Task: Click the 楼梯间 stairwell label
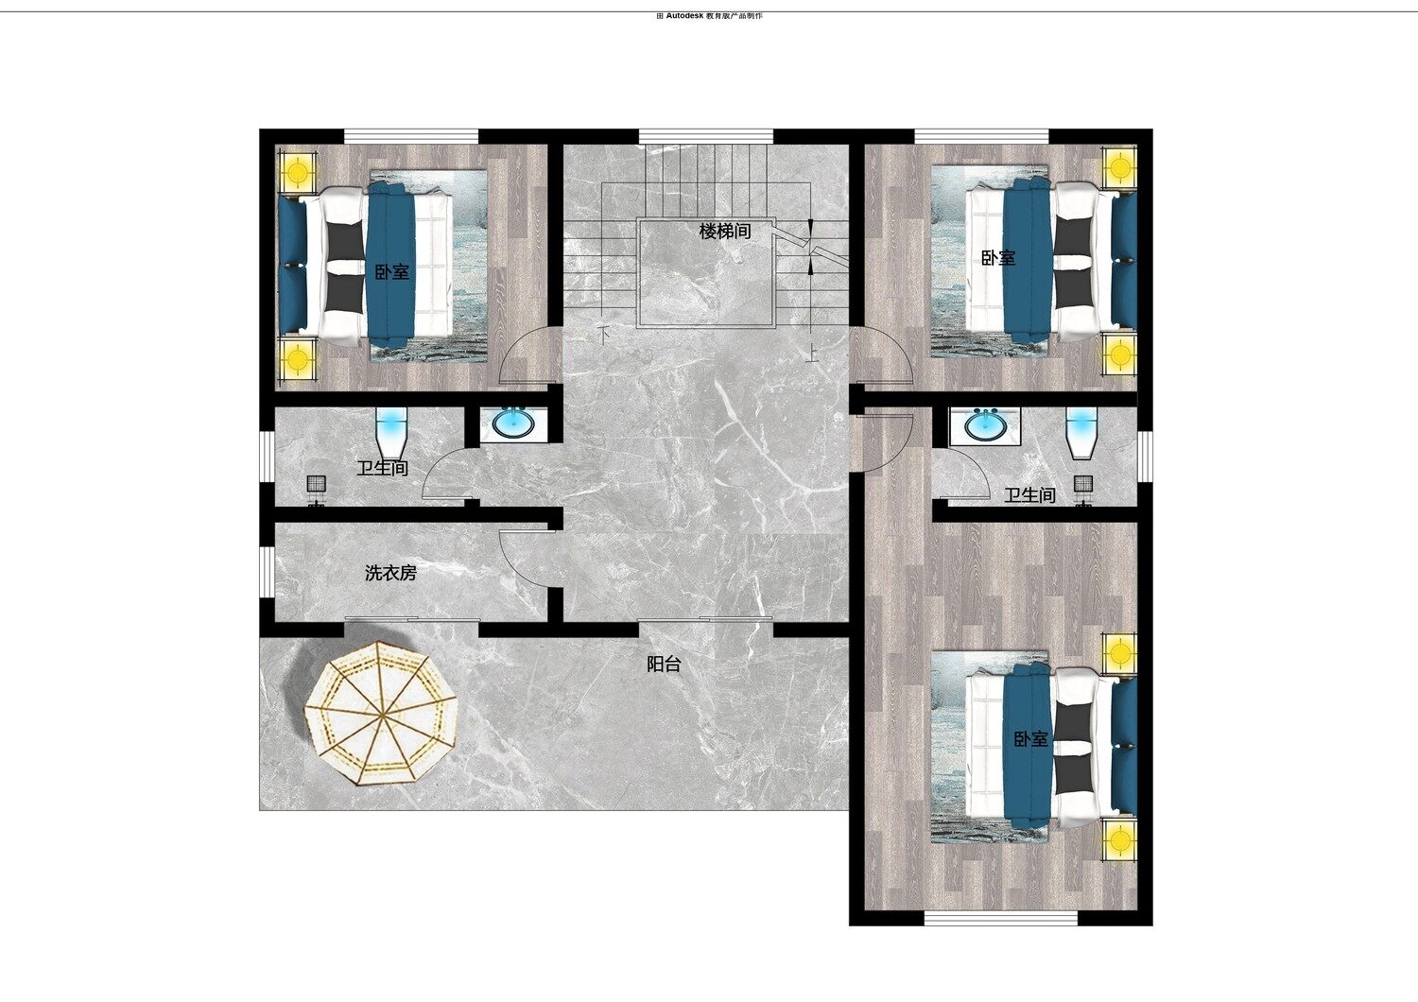tap(725, 231)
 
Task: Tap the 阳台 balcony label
tap(664, 664)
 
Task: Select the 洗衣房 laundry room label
tap(390, 573)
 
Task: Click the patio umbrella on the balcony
tap(382, 714)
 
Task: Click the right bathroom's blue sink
tap(985, 424)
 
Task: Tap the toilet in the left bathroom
tap(392, 433)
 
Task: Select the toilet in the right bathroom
tap(1081, 434)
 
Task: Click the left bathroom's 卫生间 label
tap(382, 469)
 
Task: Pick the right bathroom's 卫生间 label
tap(1030, 495)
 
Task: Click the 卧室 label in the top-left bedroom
tap(392, 272)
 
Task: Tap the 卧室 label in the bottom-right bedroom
tap(1030, 738)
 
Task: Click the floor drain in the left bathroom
tap(317, 484)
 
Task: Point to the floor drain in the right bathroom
tap(1083, 484)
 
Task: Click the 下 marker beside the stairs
tap(605, 332)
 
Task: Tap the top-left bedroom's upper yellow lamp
tap(298, 170)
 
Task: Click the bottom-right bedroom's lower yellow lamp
tap(1120, 840)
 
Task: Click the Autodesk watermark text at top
tap(710, 16)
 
